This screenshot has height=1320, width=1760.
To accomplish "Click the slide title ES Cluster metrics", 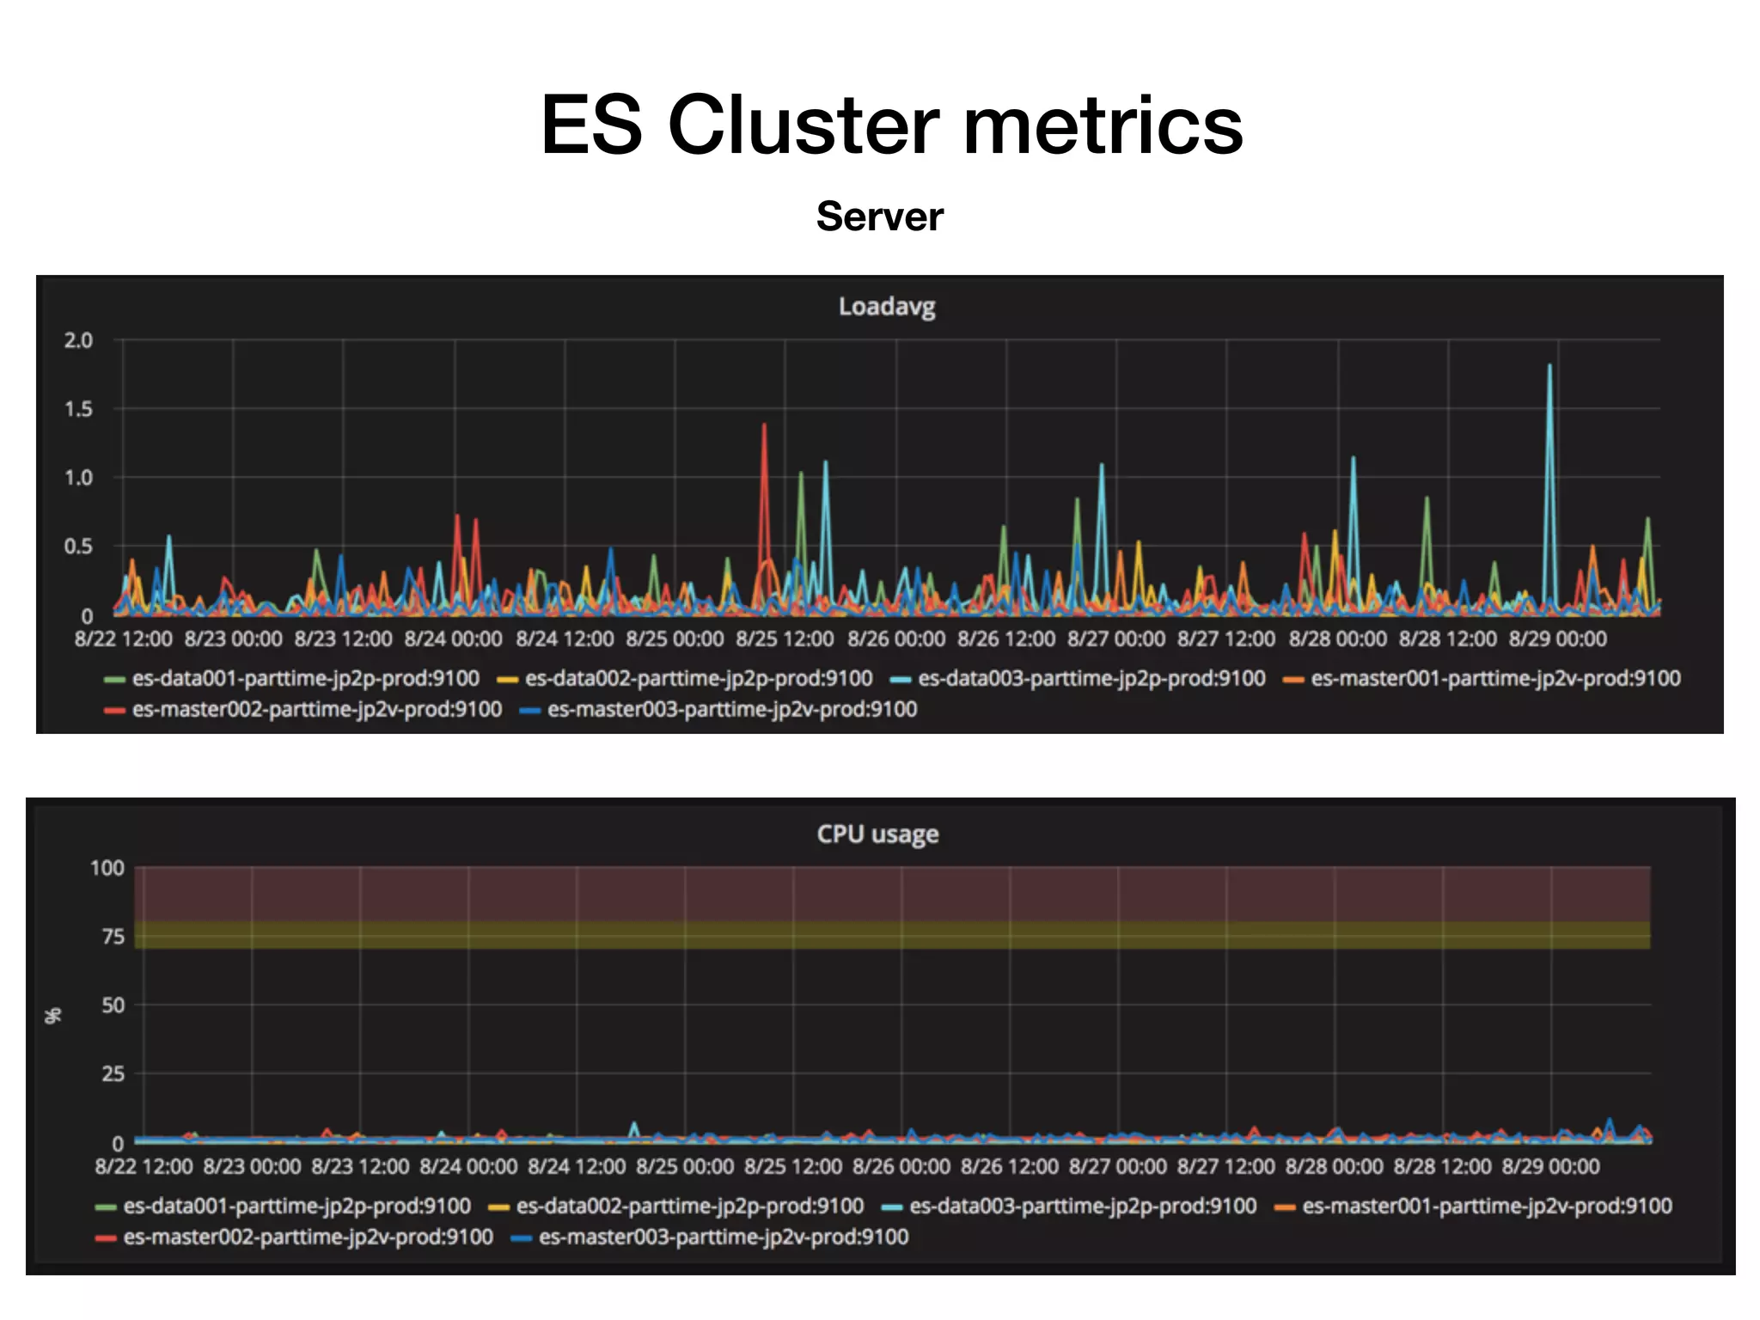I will (x=891, y=125).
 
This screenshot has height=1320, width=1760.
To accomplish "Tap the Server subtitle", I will (x=879, y=217).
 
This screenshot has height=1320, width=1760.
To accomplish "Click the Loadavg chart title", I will (x=886, y=307).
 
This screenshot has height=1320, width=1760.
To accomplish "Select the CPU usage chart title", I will (x=877, y=834).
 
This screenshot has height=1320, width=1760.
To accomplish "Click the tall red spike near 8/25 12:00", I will (x=764, y=427).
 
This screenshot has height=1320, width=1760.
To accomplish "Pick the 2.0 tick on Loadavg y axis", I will (x=78, y=340).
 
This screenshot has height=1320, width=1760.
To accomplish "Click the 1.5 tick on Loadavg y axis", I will (x=78, y=409).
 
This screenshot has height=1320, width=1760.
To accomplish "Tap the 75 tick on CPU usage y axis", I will (x=113, y=937).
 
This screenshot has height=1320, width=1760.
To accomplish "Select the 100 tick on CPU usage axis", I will (x=107, y=868).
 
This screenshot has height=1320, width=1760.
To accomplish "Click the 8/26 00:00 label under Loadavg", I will (x=895, y=639).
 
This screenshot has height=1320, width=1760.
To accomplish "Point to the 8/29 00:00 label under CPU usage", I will (x=1550, y=1167).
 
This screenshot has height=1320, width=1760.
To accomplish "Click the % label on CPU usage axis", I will (x=52, y=1016).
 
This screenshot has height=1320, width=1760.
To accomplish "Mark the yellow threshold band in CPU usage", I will (x=892, y=935).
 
